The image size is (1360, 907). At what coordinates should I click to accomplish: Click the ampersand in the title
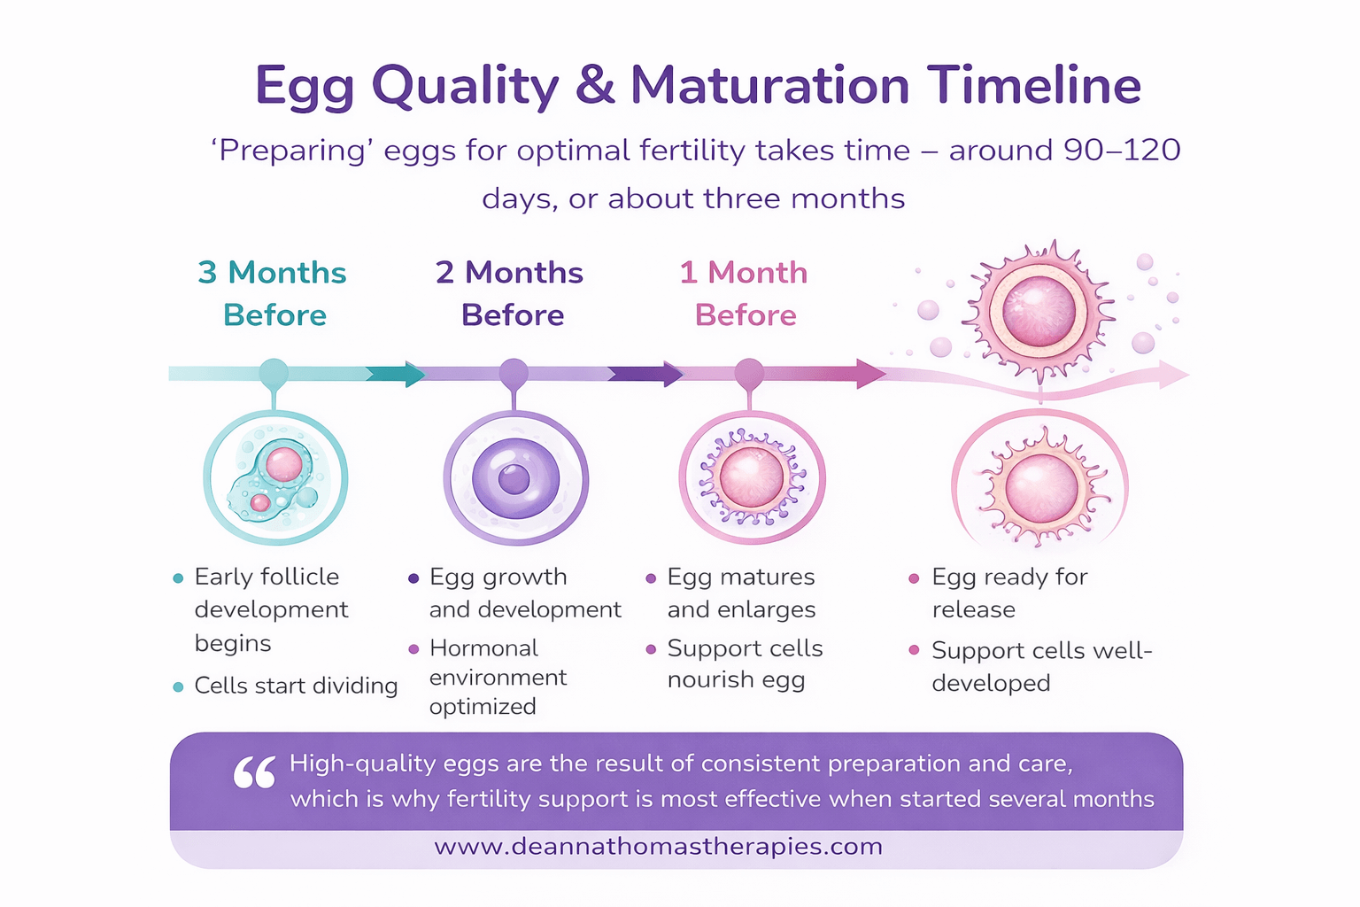point(594,86)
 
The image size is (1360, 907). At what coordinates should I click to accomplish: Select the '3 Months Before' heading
point(273,293)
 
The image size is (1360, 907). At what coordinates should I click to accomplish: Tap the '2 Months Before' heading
point(510,293)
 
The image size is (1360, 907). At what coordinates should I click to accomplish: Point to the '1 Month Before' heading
point(744,293)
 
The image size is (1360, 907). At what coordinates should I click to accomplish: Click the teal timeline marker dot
point(274,373)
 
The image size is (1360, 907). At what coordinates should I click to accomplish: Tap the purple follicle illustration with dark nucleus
point(515,479)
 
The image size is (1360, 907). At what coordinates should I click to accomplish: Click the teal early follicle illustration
point(275,478)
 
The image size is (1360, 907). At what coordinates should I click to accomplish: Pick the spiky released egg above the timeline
point(1039,311)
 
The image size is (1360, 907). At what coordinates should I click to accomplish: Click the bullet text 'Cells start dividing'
point(296,686)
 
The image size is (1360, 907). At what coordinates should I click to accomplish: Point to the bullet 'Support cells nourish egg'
point(745,664)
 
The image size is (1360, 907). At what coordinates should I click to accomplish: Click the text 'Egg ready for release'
point(1008,593)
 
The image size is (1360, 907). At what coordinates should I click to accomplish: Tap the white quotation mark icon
point(255,773)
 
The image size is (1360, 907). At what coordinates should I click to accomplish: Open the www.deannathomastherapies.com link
point(658,847)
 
